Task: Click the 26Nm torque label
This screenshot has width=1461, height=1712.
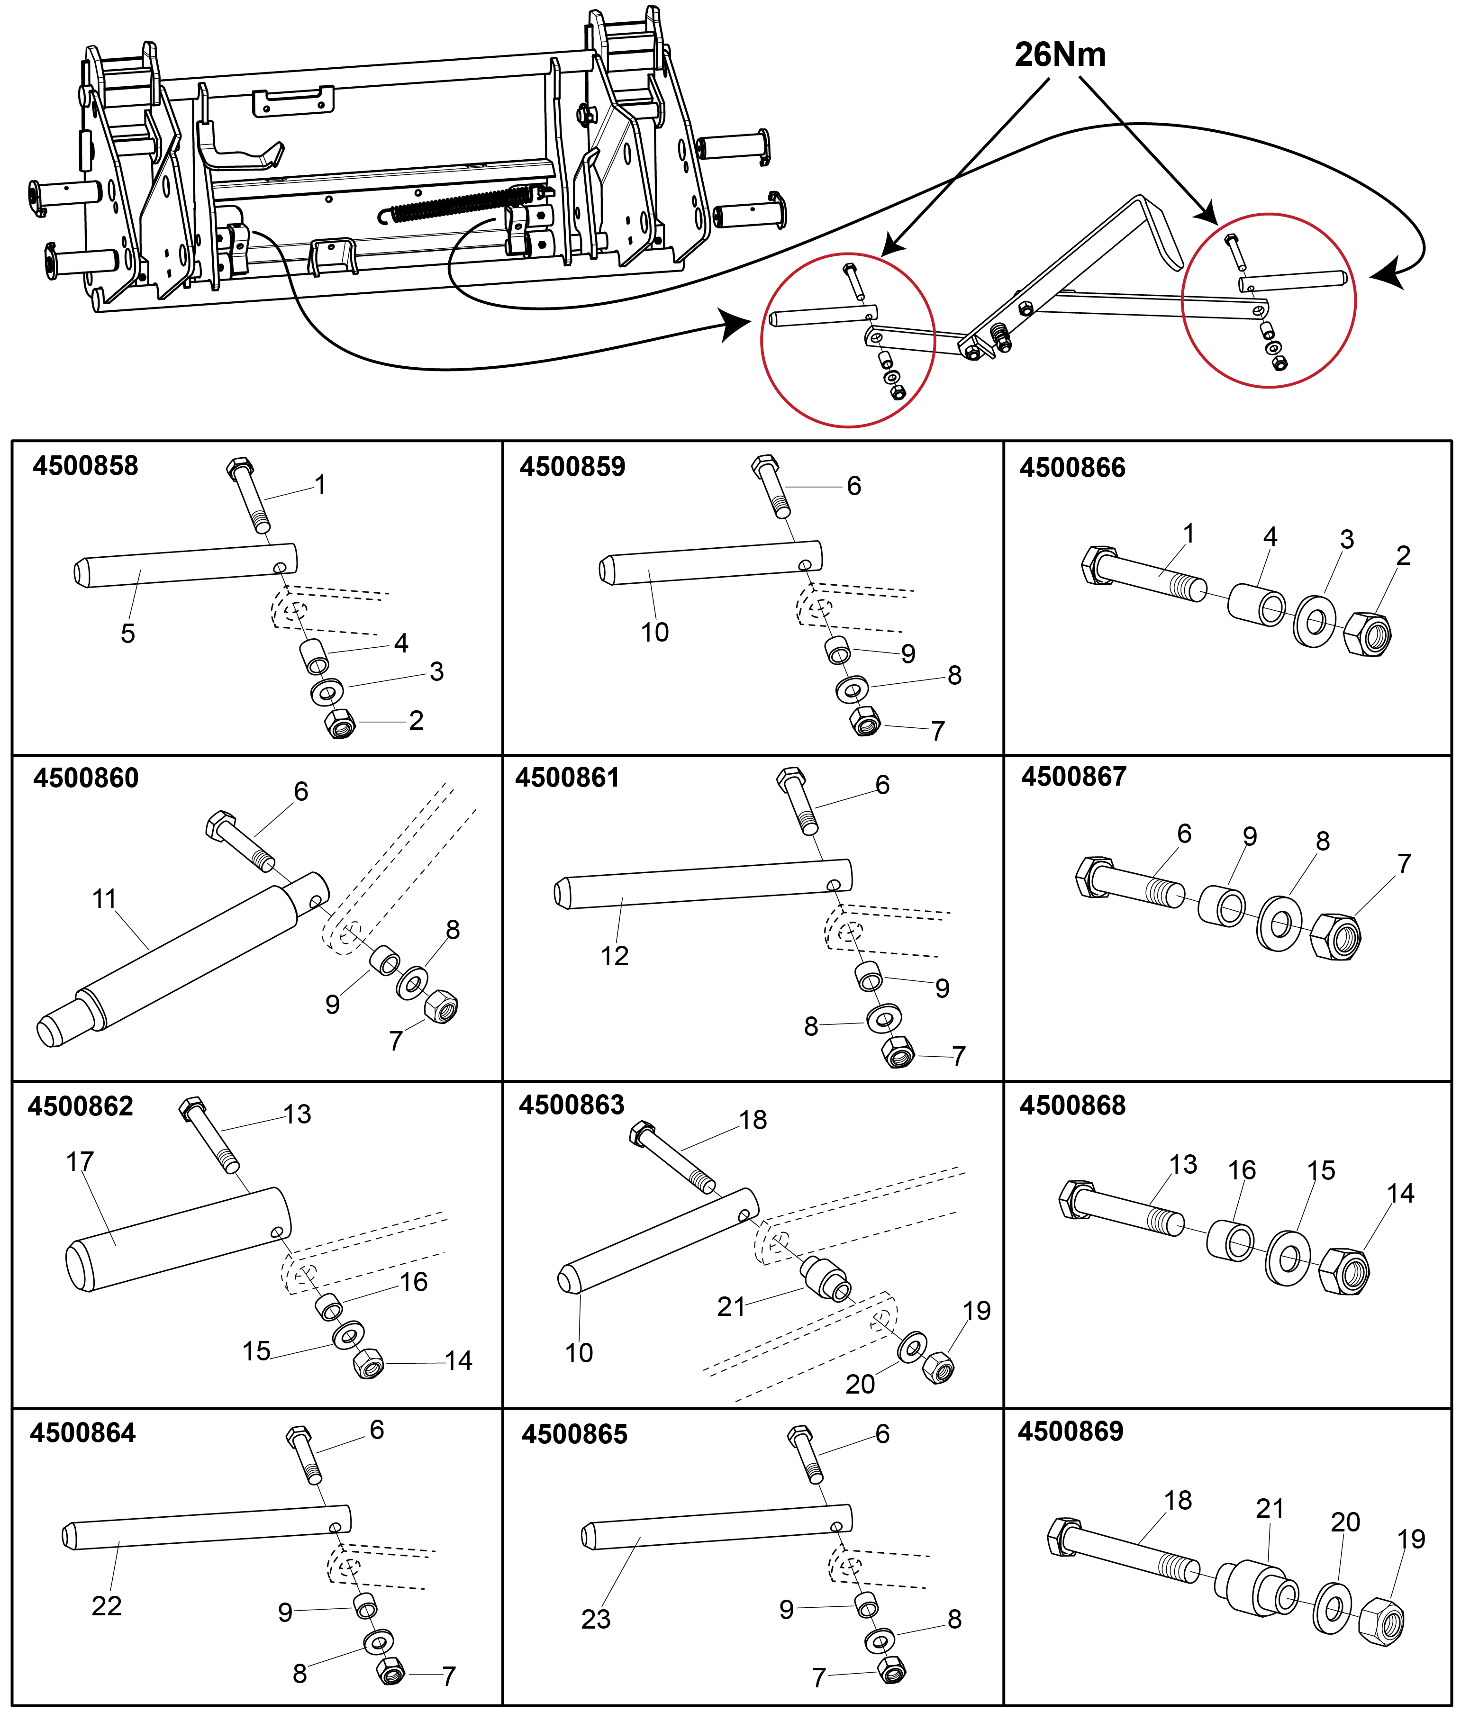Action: point(1060,54)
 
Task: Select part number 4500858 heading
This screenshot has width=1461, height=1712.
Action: point(85,466)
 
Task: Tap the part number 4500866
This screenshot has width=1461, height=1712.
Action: point(1072,468)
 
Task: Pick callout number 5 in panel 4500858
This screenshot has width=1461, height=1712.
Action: point(127,634)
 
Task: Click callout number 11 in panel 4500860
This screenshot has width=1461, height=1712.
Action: point(104,899)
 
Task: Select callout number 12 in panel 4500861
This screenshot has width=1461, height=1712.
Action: point(614,956)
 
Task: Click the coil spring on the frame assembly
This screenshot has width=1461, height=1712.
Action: point(459,205)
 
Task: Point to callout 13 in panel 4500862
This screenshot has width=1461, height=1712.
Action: point(298,1114)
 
